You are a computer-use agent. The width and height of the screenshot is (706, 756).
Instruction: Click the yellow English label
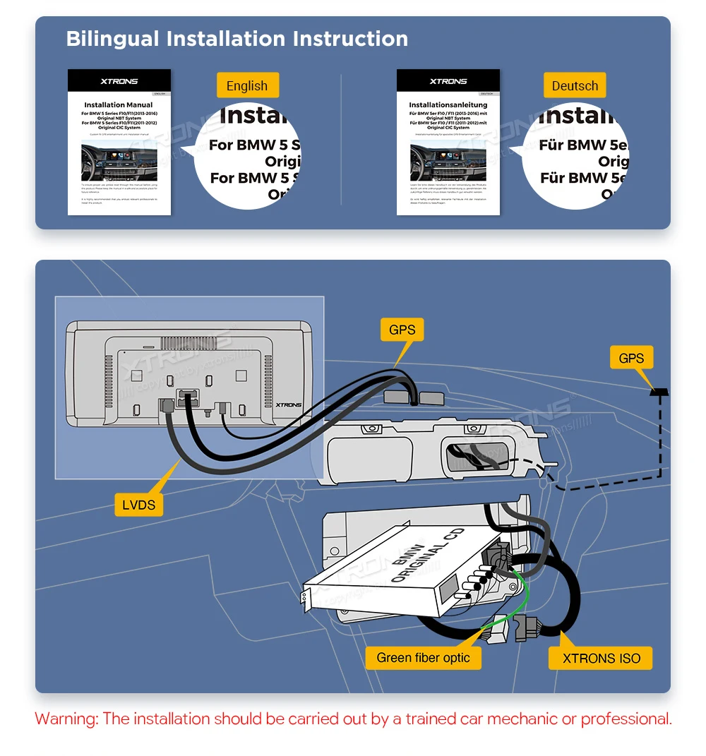point(247,86)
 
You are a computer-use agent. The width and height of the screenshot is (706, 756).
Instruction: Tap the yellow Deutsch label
point(575,86)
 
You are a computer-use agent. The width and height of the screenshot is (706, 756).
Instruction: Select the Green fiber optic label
point(423,658)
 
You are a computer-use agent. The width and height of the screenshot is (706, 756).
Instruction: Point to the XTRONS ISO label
point(602,659)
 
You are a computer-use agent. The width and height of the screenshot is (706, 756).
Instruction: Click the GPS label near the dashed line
point(631,358)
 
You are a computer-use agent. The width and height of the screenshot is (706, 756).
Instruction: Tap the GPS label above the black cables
point(402,329)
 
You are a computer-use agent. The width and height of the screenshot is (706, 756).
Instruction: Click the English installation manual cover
point(119,142)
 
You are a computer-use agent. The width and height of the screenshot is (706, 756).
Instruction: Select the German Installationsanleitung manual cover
point(448,142)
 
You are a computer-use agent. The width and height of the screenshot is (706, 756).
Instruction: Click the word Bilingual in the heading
point(113,38)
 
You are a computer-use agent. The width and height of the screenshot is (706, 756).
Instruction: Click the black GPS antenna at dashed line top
point(660,392)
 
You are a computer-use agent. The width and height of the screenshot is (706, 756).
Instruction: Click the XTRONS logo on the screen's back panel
point(289,405)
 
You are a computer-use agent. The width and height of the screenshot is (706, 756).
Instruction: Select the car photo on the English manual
point(119,162)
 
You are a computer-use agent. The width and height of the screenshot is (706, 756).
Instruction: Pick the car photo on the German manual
point(448,162)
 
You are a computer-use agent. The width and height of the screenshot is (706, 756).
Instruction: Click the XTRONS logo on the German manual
point(448,81)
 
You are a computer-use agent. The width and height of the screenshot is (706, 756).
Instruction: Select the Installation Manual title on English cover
point(119,105)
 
